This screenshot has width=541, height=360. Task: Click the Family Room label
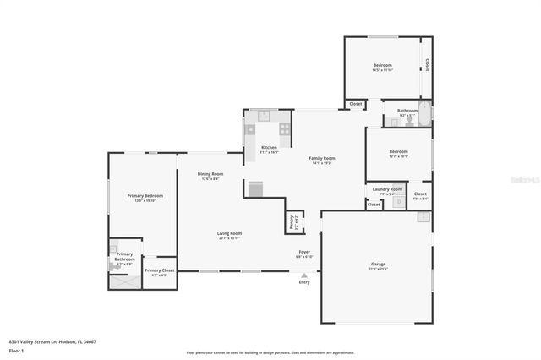pyautogui.click(x=322, y=158)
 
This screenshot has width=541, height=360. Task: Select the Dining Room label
pyautogui.click(x=210, y=174)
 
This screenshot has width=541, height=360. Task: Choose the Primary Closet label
pyautogui.click(x=159, y=270)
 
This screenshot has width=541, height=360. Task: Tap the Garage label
pyautogui.click(x=378, y=264)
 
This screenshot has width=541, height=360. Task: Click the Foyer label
pyautogui.click(x=304, y=252)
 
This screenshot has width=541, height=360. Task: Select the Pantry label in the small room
pyautogui.click(x=293, y=222)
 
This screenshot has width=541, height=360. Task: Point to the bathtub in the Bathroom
pyautogui.click(x=424, y=113)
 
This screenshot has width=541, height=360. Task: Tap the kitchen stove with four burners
pyautogui.click(x=285, y=129)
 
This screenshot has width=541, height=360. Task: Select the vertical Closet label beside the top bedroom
pyautogui.click(x=428, y=65)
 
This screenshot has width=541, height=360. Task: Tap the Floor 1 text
pyautogui.click(x=16, y=349)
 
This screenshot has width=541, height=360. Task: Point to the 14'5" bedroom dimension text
pyautogui.click(x=383, y=70)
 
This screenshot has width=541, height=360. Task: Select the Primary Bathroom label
pyautogui.click(x=124, y=257)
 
